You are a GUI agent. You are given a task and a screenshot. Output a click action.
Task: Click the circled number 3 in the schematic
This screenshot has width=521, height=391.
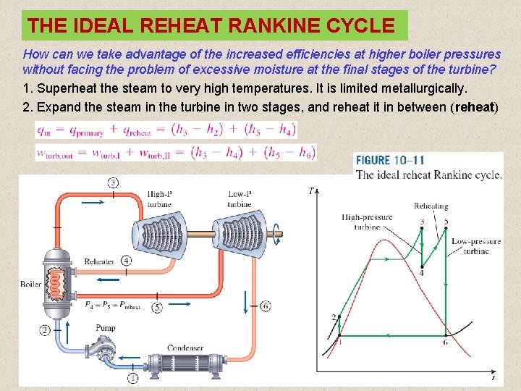[113, 182]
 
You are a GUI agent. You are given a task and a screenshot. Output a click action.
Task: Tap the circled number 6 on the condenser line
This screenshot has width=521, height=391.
[266, 306]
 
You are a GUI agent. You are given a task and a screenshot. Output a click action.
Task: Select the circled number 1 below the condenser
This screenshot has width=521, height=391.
[133, 378]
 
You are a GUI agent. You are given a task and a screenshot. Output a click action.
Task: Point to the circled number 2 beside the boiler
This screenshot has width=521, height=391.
[45, 330]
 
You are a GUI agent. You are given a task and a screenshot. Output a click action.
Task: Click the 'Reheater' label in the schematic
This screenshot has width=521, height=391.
[99, 261]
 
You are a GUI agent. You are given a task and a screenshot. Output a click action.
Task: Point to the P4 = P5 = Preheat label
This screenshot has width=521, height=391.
[112, 306]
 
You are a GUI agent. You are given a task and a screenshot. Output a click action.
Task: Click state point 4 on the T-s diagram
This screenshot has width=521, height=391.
[421, 265]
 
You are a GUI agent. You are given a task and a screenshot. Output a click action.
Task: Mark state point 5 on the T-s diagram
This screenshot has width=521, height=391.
[445, 230]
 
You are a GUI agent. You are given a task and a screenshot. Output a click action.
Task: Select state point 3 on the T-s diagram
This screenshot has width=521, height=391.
[421, 229]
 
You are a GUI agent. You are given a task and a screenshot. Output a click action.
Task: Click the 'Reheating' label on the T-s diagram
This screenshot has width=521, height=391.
[431, 206]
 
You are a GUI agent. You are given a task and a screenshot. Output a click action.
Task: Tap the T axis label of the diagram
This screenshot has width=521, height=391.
[311, 190]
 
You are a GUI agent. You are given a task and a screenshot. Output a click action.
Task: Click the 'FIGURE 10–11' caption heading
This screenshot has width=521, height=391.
[390, 161]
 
